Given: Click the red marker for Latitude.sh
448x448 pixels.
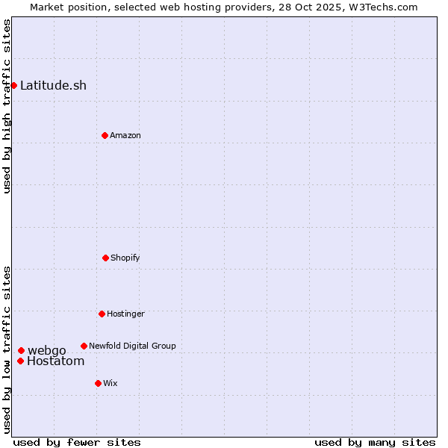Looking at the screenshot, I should click(13, 85).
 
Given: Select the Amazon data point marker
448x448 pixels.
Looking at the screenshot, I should click(105, 135).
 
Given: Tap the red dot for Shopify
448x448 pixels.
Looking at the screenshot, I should click(105, 258).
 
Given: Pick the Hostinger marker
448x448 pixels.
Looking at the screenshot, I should click(102, 314).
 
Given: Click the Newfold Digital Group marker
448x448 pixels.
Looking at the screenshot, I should click(84, 346).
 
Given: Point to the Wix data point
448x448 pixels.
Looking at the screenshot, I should click(98, 383).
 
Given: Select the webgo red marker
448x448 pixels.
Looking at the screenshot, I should click(21, 350).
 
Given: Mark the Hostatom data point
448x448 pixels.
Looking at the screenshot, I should click(20, 361).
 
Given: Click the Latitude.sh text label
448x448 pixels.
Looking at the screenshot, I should click(53, 85).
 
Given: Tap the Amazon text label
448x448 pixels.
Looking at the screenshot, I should click(125, 135).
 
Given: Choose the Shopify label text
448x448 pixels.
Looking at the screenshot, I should click(125, 258).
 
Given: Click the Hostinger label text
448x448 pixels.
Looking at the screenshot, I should click(125, 314).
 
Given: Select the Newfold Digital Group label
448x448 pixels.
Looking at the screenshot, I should click(132, 346).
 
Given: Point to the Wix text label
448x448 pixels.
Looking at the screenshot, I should click(111, 383).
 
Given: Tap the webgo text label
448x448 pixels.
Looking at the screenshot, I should click(47, 350).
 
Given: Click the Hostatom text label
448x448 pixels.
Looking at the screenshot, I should click(55, 361).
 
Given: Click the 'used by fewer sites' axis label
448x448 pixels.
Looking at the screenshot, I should click(77, 442).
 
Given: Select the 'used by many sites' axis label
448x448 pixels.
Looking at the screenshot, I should click(375, 442).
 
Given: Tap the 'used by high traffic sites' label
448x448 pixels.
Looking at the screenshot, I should click(7, 106).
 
